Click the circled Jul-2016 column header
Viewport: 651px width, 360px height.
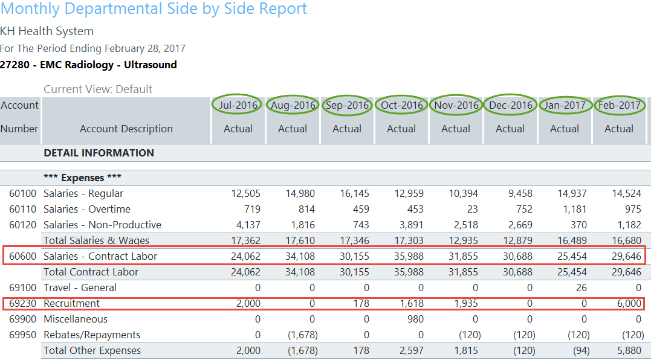pos(238,105)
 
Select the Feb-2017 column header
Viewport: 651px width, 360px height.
pos(619,105)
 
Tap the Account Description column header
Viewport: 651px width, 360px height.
pos(126,129)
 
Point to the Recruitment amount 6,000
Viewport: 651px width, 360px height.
pos(629,303)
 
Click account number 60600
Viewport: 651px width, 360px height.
pos(23,256)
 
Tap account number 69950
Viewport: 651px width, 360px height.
pos(23,335)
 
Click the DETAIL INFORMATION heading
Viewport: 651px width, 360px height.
pos(99,153)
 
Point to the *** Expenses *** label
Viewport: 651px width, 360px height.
pos(82,178)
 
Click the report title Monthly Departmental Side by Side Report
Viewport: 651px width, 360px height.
pos(154,9)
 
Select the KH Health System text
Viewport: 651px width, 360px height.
pos(47,31)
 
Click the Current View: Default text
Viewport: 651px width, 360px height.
pos(98,89)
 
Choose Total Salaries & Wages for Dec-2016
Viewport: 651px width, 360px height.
pos(517,240)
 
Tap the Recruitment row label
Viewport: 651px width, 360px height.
pos(72,303)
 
